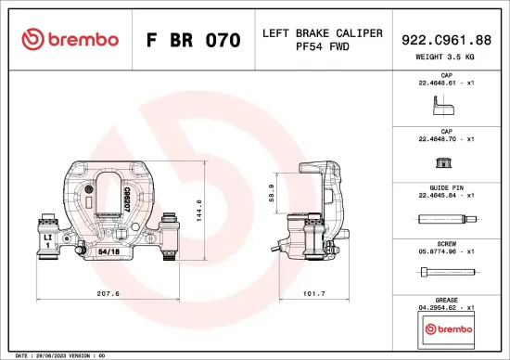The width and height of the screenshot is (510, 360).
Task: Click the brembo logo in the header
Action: point(70,40)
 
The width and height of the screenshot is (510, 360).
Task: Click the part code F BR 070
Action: point(194,41)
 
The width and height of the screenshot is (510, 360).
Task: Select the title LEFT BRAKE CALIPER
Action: point(322,33)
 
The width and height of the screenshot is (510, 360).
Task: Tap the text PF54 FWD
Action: point(322,46)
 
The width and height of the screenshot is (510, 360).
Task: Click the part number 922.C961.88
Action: point(447,39)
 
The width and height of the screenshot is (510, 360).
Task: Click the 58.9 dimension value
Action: point(271,193)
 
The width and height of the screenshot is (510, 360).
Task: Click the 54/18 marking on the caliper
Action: point(108,251)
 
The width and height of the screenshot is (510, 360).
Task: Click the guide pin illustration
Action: point(446,220)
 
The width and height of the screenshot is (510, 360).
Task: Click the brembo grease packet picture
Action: point(446,328)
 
